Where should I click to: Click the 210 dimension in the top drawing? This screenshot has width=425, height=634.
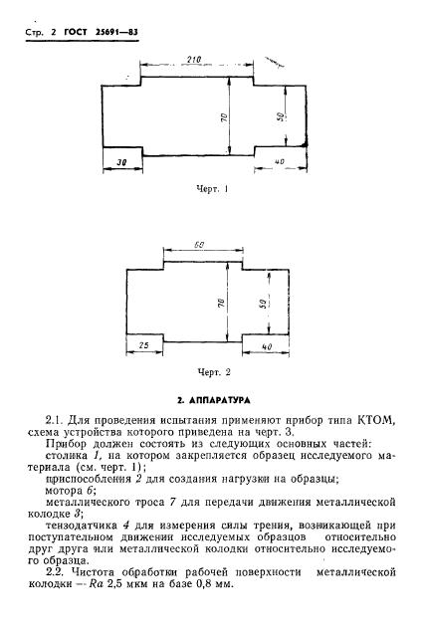click(195, 60)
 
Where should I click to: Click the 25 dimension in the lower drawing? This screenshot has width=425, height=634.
click(144, 345)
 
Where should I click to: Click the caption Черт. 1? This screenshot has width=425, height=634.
click(214, 188)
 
